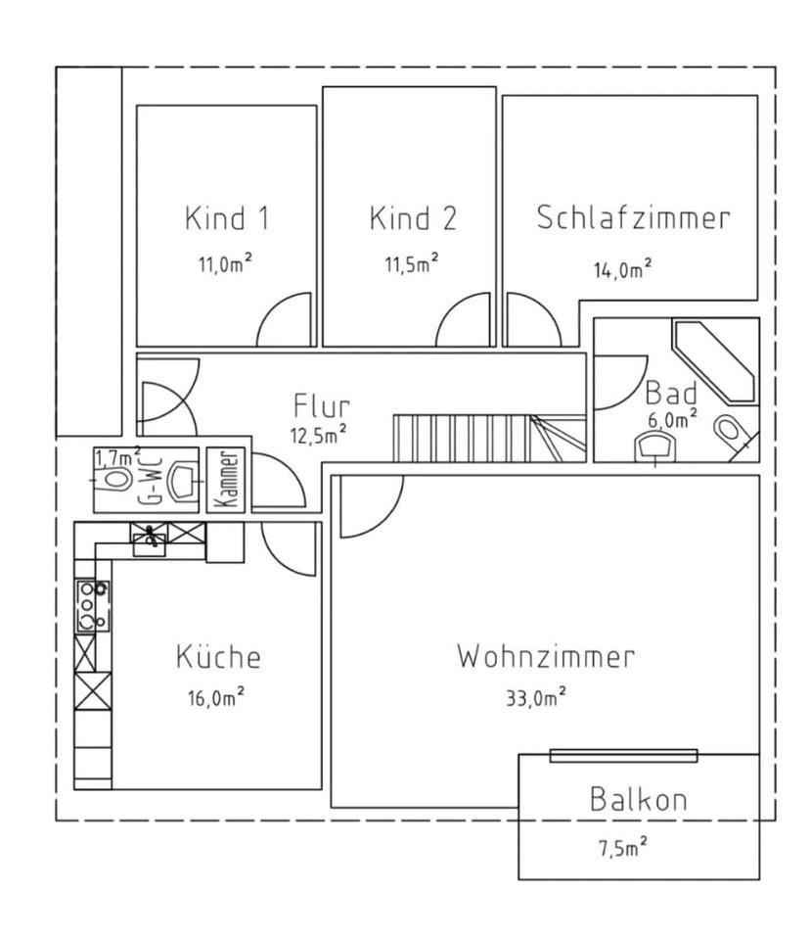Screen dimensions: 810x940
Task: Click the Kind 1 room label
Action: click(227, 217)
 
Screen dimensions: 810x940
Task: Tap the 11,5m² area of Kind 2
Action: click(412, 262)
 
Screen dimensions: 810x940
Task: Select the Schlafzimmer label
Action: click(633, 217)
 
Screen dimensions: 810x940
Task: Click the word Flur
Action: click(322, 405)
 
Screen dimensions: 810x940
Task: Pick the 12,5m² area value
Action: click(319, 434)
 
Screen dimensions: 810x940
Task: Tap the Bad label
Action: click(671, 394)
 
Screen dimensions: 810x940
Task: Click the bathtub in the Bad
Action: click(714, 361)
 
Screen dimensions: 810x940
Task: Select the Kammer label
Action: click(226, 480)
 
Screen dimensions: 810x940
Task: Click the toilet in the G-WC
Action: click(112, 480)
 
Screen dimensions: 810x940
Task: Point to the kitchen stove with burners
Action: click(93, 605)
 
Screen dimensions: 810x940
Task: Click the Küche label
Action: click(219, 656)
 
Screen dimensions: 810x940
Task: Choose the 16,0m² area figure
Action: click(216, 696)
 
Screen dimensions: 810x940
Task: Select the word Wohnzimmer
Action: click(546, 656)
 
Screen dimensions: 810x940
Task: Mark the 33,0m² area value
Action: click(536, 696)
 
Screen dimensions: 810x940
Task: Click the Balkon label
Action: click(638, 799)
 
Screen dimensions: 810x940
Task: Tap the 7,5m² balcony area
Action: click(623, 848)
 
